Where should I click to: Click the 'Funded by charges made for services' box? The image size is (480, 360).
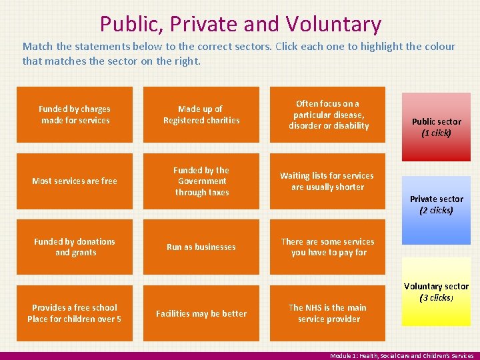(x=75, y=115)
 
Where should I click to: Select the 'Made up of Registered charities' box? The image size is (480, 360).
(x=201, y=115)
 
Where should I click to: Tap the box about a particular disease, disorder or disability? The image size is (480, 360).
(x=327, y=115)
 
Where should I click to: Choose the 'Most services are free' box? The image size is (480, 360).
(x=75, y=181)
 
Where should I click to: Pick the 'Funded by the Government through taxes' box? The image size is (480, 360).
(x=201, y=181)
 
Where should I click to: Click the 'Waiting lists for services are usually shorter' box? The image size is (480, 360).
(x=327, y=181)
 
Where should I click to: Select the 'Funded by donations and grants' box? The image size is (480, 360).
(x=75, y=247)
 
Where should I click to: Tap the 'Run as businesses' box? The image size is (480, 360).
(x=201, y=247)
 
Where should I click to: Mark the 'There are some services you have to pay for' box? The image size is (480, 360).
(x=327, y=247)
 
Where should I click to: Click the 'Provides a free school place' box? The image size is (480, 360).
(x=75, y=313)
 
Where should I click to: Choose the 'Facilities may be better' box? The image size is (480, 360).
(x=201, y=313)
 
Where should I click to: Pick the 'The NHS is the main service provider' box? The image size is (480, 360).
(x=327, y=313)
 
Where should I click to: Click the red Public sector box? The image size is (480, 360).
(x=436, y=127)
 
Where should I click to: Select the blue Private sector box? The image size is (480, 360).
(x=436, y=204)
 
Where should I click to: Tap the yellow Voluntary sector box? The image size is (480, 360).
(x=436, y=291)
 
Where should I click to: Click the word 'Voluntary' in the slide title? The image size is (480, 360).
(x=334, y=25)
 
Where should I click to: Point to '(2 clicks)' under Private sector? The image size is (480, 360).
(x=436, y=211)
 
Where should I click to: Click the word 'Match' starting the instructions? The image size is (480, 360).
(x=37, y=47)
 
